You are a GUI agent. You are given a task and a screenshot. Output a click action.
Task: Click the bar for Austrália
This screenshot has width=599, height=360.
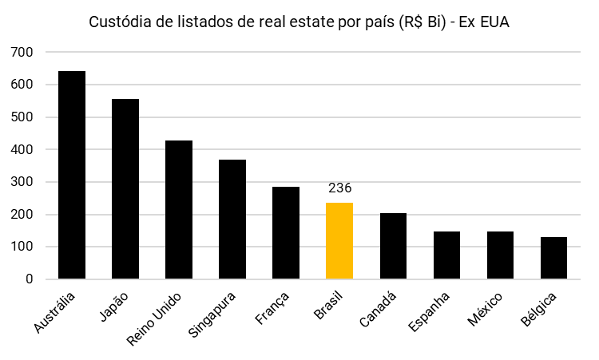click(x=72, y=176)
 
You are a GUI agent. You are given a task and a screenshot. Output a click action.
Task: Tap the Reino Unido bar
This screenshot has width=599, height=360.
click(x=179, y=210)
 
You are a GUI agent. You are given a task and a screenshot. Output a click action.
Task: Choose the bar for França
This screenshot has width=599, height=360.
click(x=286, y=233)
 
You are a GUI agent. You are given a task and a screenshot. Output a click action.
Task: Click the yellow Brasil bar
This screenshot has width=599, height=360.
click(x=339, y=241)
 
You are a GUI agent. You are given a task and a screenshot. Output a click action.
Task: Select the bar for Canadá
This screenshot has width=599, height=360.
click(x=393, y=246)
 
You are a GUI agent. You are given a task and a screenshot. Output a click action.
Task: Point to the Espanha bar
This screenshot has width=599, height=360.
click(x=446, y=255)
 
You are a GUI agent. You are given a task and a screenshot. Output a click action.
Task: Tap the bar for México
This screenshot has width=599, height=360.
click(x=500, y=255)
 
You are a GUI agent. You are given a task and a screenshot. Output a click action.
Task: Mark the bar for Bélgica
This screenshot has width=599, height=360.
click(x=553, y=259)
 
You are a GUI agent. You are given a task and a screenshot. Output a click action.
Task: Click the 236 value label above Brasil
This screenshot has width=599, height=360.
click(x=339, y=188)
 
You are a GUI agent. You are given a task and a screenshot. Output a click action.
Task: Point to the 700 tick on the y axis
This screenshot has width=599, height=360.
click(x=22, y=52)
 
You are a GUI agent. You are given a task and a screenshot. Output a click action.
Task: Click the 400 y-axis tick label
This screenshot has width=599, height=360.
click(x=22, y=149)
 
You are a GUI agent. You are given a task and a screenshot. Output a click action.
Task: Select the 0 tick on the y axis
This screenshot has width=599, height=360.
click(x=29, y=279)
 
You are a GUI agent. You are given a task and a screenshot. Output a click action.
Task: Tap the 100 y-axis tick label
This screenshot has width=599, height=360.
click(x=22, y=247)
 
